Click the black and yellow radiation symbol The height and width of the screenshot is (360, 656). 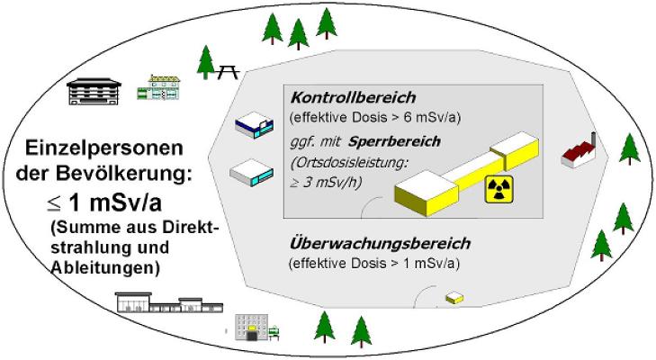[499, 189]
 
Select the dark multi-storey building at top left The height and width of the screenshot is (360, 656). [96, 90]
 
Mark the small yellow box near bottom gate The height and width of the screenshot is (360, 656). [456, 297]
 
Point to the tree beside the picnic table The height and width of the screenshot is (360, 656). [206, 63]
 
